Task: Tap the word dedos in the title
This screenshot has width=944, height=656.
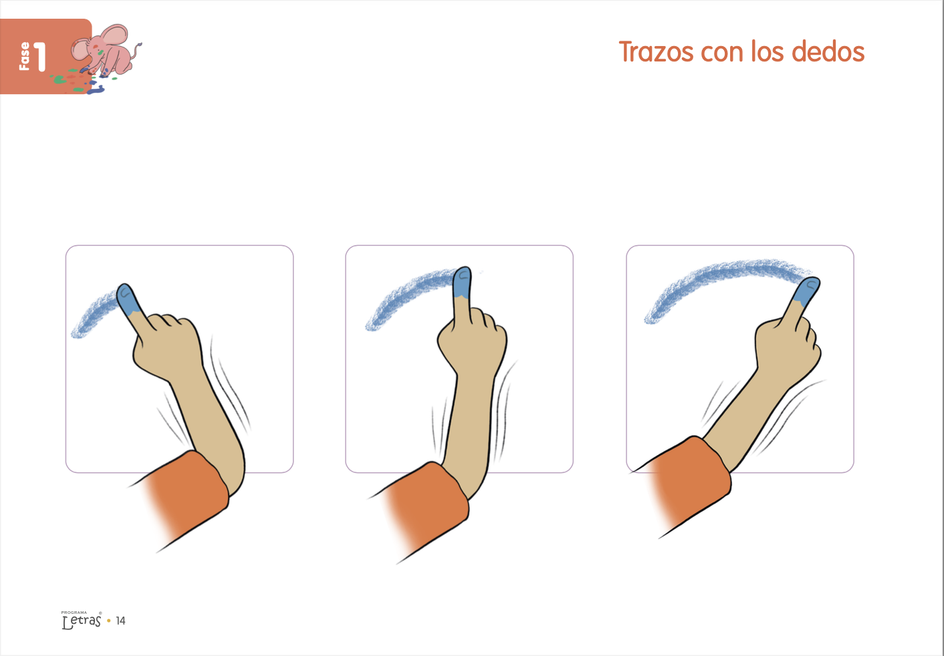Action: point(828,51)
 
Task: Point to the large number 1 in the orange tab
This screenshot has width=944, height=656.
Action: point(39,56)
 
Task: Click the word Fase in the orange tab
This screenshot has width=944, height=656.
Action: point(25,56)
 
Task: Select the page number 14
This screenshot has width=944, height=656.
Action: point(120,621)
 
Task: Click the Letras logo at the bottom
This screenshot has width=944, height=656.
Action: point(82,621)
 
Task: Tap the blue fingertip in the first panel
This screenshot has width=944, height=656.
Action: point(128,298)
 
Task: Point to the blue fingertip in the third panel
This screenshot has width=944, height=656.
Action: point(807,291)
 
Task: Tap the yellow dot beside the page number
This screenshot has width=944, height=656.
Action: point(109,621)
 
